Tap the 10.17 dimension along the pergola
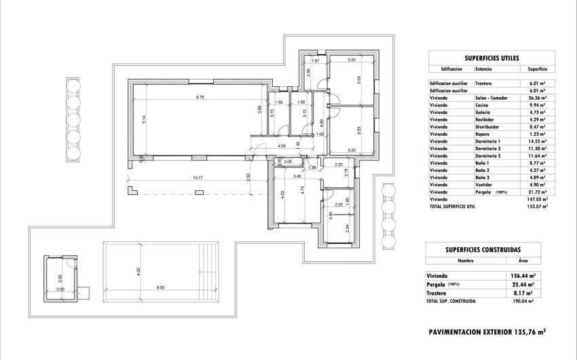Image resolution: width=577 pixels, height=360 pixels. (198, 179)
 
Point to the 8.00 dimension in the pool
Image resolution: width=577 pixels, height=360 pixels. (160, 288)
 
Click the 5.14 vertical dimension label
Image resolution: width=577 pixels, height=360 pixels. (145, 120)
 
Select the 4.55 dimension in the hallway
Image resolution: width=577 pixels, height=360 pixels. (281, 146)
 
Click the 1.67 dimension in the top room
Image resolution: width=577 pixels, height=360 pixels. (315, 60)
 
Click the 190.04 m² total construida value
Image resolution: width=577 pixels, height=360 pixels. (522, 300)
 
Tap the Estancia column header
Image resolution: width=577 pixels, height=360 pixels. (484, 69)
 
